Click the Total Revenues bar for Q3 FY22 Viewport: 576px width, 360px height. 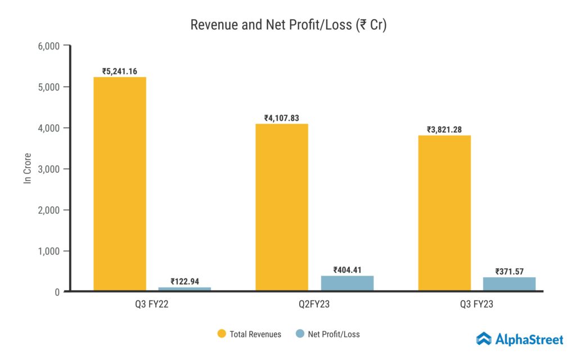120,184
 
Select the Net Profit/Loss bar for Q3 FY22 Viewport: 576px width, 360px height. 184,289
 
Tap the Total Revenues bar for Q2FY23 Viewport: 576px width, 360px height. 282,207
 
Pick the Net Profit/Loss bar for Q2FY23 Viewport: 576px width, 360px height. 347,283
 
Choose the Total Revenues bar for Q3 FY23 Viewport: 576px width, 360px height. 444,213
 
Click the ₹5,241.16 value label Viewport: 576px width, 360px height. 120,71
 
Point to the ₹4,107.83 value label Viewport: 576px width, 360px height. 282,118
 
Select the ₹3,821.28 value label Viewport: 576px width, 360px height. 444,130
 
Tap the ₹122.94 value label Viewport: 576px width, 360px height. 184,281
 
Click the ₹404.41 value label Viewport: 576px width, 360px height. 347,269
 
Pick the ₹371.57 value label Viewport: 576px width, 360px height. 509,272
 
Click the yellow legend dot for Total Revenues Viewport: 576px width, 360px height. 222,334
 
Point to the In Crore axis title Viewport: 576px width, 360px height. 26,169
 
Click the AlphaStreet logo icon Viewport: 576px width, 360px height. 484,339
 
